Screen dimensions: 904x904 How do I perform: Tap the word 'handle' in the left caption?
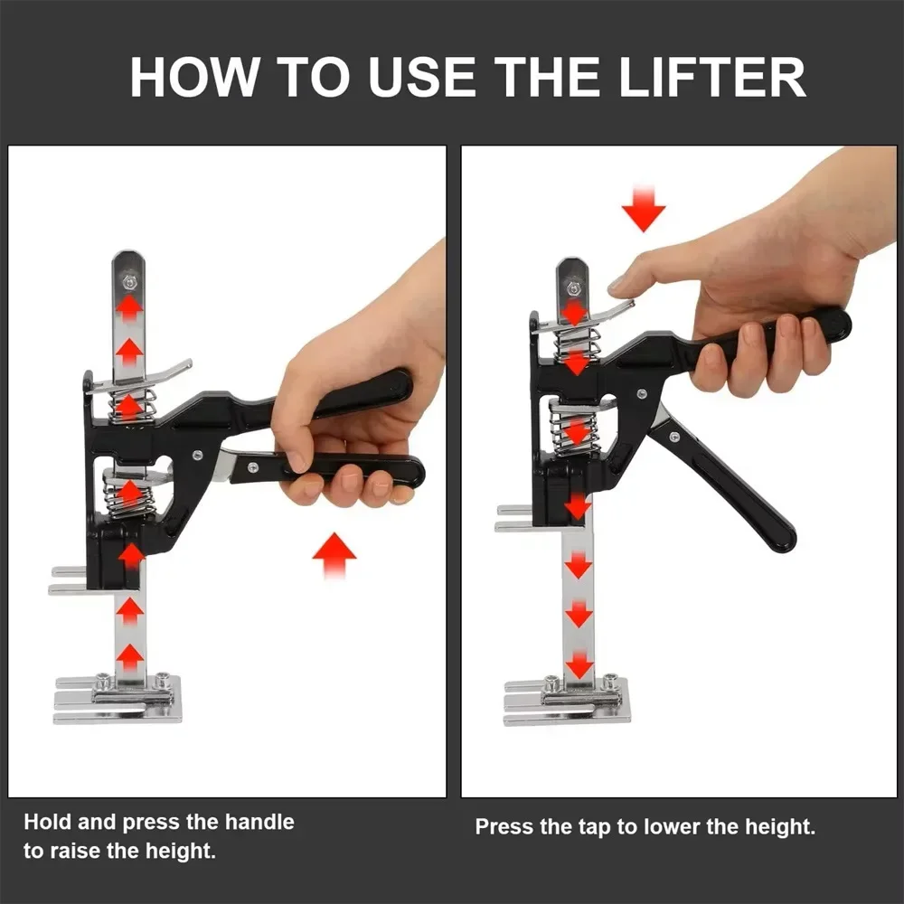coord(259,822)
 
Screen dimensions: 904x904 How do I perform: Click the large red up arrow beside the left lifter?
coord(334,554)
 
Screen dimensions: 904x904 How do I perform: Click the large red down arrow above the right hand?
coord(644,209)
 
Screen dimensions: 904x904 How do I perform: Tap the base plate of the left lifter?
coord(118,700)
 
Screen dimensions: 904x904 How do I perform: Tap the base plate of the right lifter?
coord(568,702)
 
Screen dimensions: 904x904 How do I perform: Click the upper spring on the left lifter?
coord(131,405)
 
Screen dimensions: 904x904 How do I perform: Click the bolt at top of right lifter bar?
coord(572,288)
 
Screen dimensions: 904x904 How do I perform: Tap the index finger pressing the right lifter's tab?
coord(633,272)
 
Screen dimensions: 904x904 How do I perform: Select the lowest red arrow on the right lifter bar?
coord(579,665)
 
